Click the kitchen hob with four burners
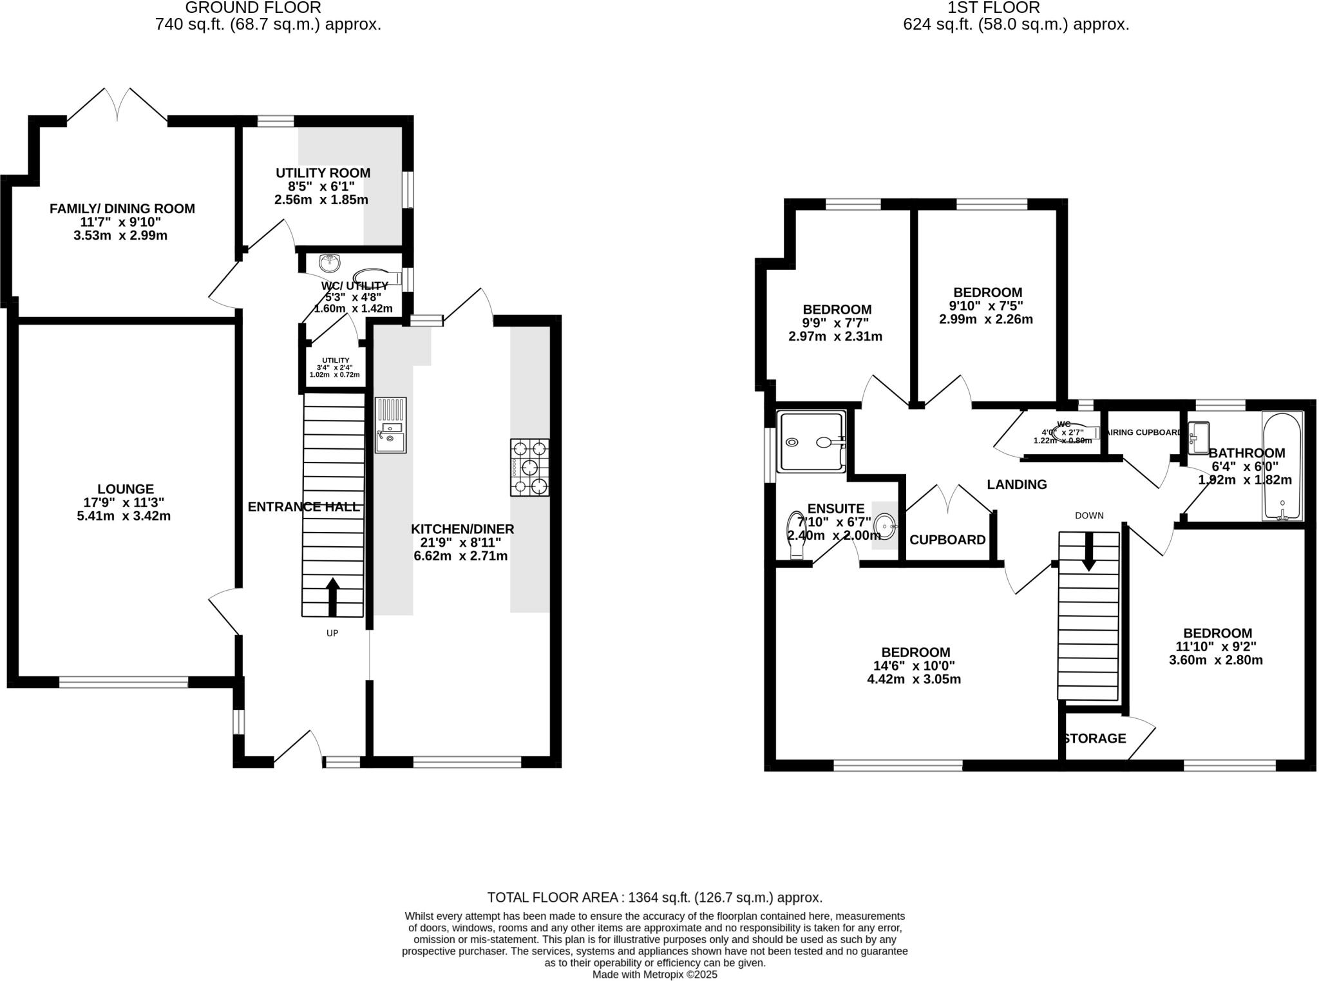click(x=530, y=467)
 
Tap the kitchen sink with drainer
click(x=391, y=426)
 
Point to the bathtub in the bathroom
click(x=1282, y=466)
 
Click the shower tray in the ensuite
click(x=811, y=442)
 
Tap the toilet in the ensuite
click(x=796, y=535)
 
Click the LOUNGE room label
click(x=126, y=490)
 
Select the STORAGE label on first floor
click(x=1095, y=739)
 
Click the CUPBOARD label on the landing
click(x=947, y=540)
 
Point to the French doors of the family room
click(x=117, y=105)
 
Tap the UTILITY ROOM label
click(x=323, y=173)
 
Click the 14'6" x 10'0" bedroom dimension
click(x=915, y=666)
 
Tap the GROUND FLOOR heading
click(x=252, y=8)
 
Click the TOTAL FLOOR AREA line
click(x=654, y=897)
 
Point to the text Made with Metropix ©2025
click(x=654, y=975)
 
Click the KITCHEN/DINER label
click(x=462, y=529)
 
